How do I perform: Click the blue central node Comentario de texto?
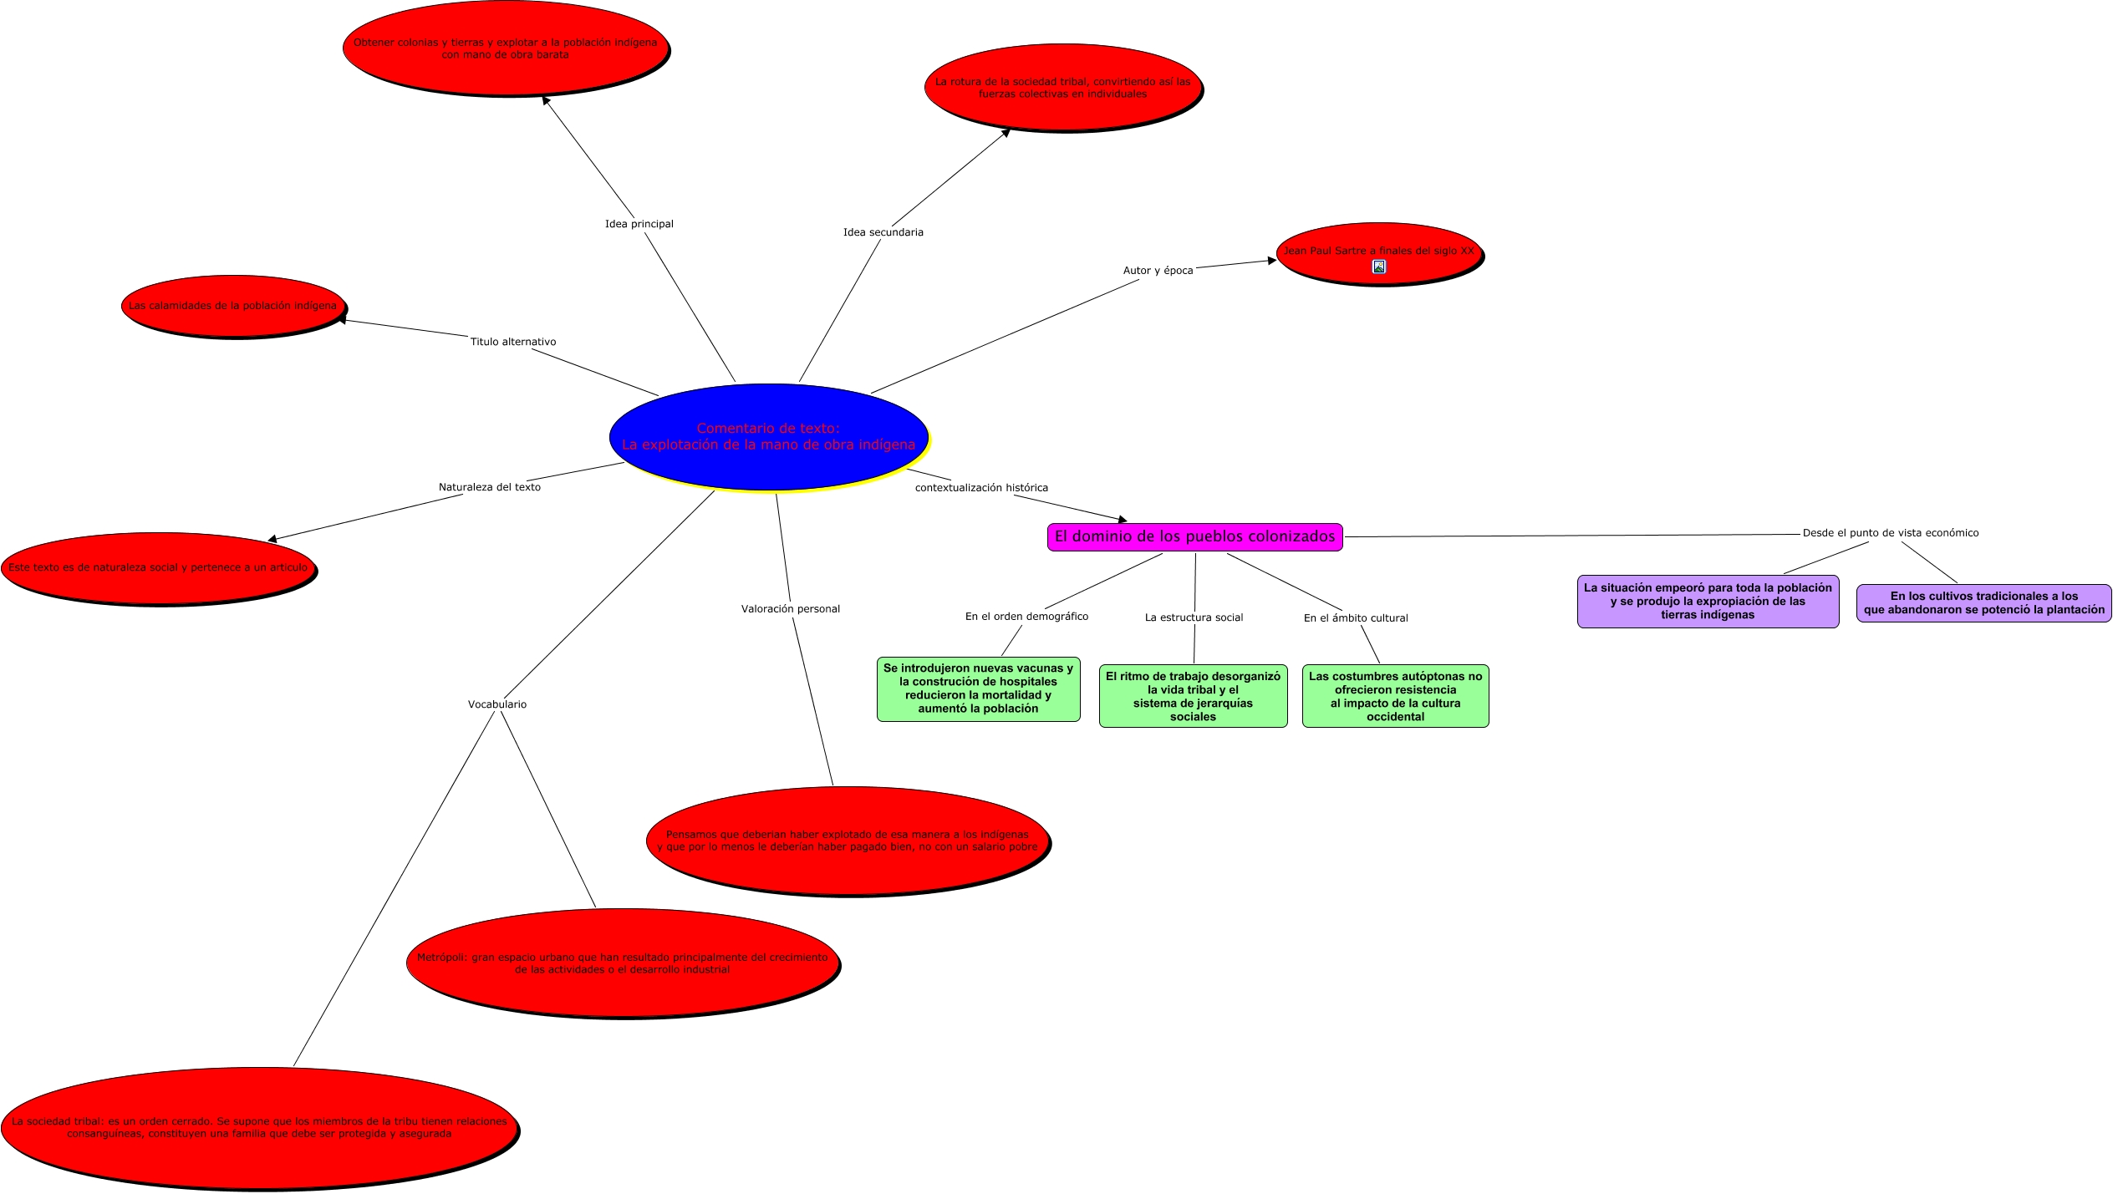tap(768, 436)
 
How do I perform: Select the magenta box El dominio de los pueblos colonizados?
tap(1194, 536)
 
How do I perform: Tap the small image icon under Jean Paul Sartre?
tap(1379, 267)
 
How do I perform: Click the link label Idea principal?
tap(639, 224)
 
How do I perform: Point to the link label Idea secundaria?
tap(883, 232)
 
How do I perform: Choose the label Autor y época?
tap(1158, 271)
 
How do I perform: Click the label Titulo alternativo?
tap(512, 342)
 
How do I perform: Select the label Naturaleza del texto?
tap(489, 487)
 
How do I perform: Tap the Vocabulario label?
tap(496, 704)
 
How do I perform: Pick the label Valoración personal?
tap(790, 609)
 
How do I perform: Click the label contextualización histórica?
tap(980, 488)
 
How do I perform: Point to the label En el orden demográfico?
tap(1026, 617)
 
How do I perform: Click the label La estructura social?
tap(1194, 617)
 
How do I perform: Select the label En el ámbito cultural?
tap(1355, 618)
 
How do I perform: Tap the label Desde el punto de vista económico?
tap(1890, 533)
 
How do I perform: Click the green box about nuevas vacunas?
tap(978, 688)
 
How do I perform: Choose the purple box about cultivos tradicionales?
tap(1983, 602)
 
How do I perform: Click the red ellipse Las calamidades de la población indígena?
tap(232, 306)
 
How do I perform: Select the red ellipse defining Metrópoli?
tap(622, 963)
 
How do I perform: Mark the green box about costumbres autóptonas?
tap(1395, 696)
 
